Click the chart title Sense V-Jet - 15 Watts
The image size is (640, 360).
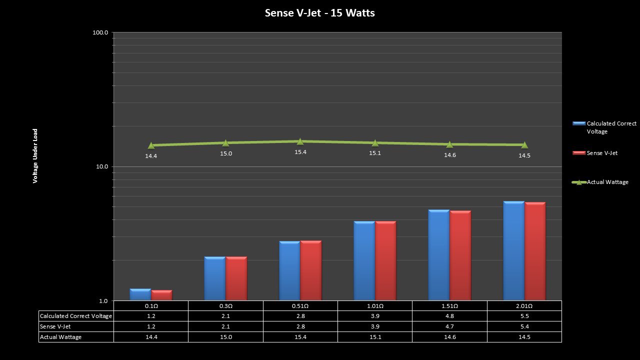point(319,13)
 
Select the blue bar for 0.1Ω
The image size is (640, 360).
point(140,295)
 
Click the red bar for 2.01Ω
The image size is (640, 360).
point(535,251)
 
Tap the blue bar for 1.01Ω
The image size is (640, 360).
point(364,260)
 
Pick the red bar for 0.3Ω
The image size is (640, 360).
point(236,278)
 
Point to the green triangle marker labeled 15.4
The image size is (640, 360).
point(300,141)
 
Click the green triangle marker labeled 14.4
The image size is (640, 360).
point(151,145)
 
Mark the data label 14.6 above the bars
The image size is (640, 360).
point(449,155)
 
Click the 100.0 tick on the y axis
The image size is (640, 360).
point(100,32)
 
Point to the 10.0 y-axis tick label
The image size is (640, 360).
point(101,166)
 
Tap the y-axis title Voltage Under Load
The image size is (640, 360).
point(35,156)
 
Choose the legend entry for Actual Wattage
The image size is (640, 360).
point(607,182)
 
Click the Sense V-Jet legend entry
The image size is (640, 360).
point(601,153)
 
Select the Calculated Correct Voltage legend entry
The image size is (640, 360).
point(611,127)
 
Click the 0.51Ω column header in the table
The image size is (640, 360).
point(300,306)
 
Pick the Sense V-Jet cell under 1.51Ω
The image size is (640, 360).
point(449,326)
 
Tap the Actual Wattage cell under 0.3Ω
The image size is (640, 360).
point(225,337)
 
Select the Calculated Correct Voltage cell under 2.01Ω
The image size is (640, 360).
point(524,316)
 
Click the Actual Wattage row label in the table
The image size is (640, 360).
point(61,337)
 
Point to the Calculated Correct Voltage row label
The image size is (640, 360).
point(76,316)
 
